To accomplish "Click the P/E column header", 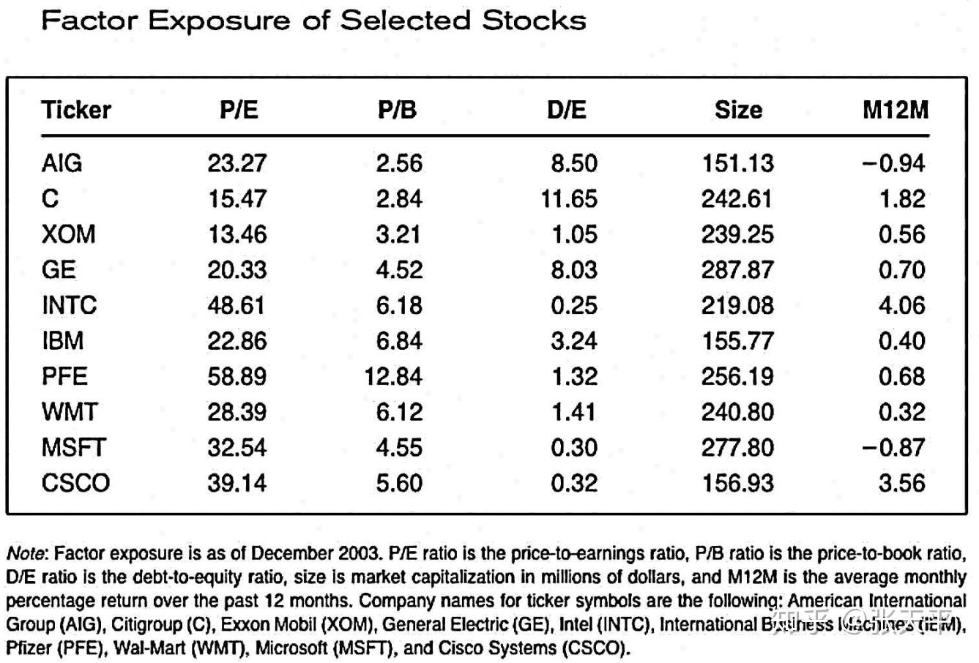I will [x=239, y=110].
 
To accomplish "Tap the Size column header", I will [x=738, y=110].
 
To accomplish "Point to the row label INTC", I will [x=69, y=305].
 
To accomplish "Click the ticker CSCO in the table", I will [x=75, y=483].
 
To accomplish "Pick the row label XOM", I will [x=68, y=234].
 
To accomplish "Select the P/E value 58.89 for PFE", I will [x=237, y=376].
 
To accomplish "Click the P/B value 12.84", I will [x=393, y=376].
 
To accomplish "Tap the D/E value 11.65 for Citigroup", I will [x=569, y=199].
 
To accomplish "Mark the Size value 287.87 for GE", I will [x=737, y=270].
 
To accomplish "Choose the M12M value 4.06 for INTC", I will [x=901, y=305].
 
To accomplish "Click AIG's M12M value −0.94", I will [x=893, y=163].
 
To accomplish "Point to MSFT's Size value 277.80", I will [x=737, y=447].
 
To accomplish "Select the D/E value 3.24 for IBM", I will [x=573, y=341].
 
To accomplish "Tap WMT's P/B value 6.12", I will [x=399, y=412].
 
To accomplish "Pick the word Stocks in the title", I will [x=534, y=20].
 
